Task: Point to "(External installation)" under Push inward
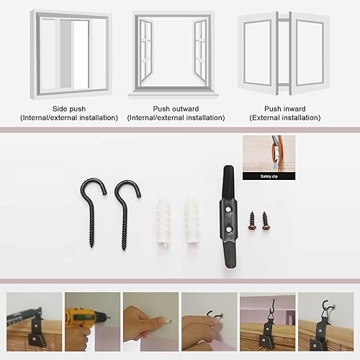click(x=285, y=117)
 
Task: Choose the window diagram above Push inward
click(x=283, y=54)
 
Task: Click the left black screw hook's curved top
click(x=92, y=185)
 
